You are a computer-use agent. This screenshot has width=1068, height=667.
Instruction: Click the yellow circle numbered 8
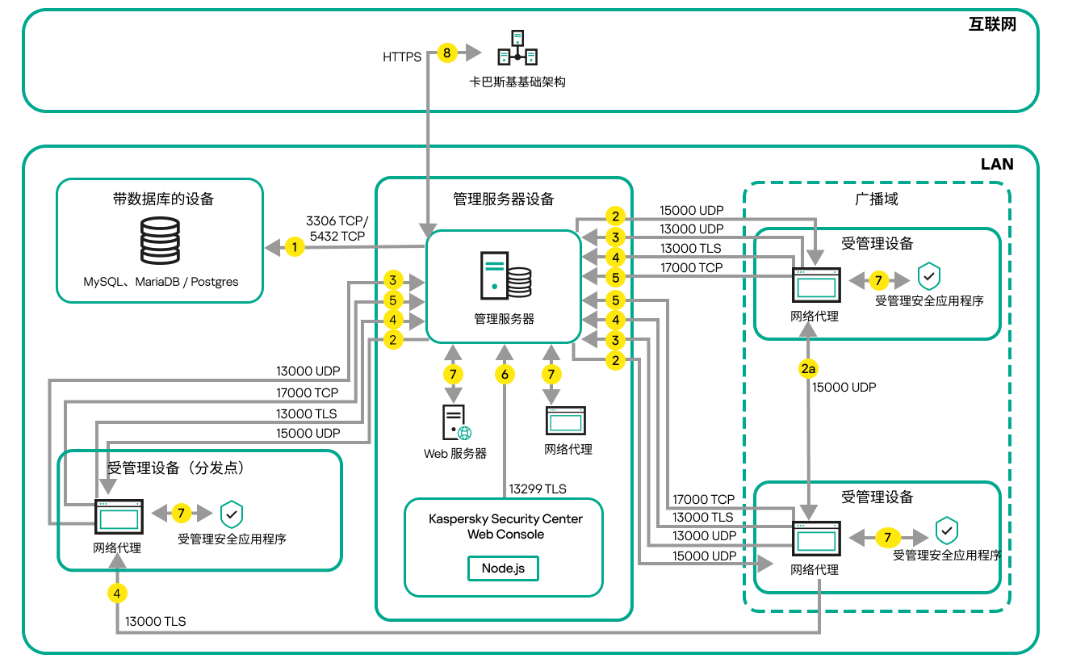(x=447, y=53)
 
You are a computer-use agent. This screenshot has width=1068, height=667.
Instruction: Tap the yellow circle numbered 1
(x=295, y=247)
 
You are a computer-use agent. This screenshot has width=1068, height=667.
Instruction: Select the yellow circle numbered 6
(x=505, y=374)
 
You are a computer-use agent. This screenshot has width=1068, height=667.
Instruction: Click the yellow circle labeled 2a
(x=808, y=369)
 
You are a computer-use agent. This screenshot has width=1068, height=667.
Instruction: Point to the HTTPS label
(x=402, y=57)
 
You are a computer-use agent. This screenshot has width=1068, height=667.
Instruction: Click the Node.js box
(x=503, y=568)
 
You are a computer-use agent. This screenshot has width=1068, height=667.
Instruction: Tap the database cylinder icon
(x=160, y=240)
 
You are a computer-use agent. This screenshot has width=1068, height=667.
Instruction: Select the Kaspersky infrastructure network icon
(x=517, y=48)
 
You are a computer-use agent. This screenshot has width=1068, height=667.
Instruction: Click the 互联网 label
(x=992, y=24)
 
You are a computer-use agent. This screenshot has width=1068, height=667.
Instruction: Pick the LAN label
(x=997, y=164)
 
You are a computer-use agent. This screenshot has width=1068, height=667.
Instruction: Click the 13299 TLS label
(x=538, y=489)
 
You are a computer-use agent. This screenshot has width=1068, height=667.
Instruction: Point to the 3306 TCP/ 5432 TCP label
(x=337, y=228)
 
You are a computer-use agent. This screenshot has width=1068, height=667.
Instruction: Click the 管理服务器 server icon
(x=505, y=276)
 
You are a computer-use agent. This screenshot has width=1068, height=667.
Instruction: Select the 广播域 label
(x=877, y=199)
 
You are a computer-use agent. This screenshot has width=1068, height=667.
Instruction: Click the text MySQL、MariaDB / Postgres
(x=161, y=282)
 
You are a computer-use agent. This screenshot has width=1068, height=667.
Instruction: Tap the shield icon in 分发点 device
(x=232, y=514)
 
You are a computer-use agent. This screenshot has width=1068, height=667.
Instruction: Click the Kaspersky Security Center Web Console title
(x=505, y=526)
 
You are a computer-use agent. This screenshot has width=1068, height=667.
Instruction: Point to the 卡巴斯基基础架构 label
(x=517, y=82)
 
